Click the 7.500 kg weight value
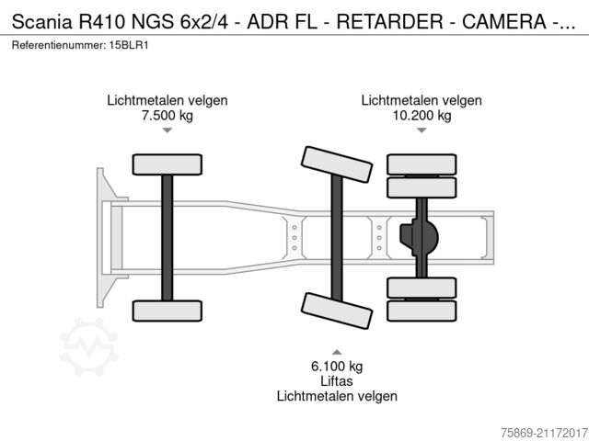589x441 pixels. [167, 116]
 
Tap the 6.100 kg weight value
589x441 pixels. [337, 366]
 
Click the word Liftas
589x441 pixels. [337, 380]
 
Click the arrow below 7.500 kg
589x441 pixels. [167, 131]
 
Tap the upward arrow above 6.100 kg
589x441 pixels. [337, 352]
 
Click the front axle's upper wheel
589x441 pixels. [167, 164]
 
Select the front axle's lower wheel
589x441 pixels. [167, 311]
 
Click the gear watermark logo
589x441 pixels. [89, 347]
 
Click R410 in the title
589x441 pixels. [89, 16]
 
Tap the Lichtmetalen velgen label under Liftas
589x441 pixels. [337, 396]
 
